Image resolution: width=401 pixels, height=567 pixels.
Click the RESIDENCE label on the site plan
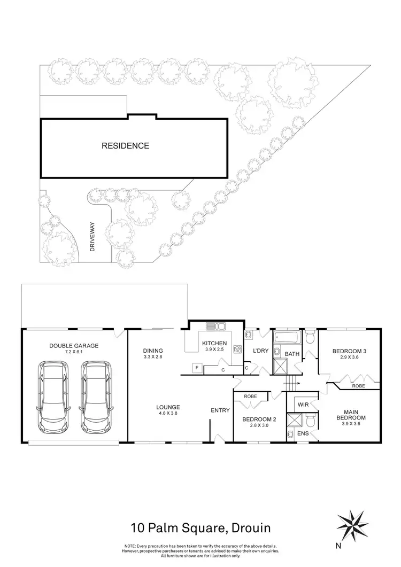(126, 145)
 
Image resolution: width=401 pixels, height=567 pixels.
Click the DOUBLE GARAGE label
(74, 346)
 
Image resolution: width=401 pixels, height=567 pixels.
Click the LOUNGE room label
(153, 407)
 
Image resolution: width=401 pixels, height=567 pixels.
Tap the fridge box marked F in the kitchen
(196, 368)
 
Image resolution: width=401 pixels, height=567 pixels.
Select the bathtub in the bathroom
(287, 338)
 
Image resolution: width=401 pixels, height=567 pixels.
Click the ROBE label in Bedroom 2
(250, 397)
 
